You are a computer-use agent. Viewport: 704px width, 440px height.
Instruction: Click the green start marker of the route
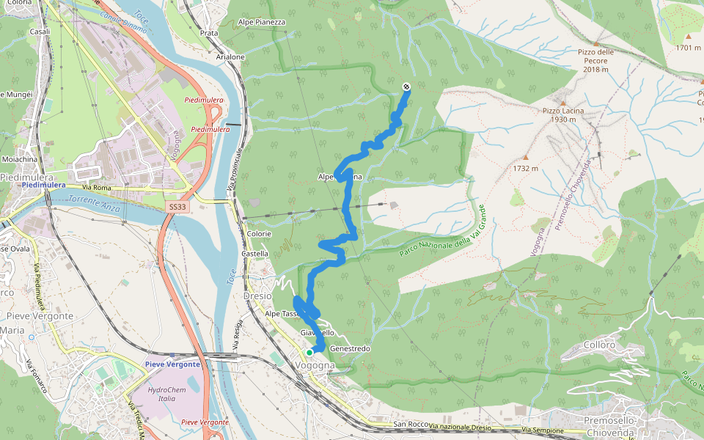(x=309, y=352)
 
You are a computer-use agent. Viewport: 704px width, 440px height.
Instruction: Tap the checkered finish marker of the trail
(x=406, y=87)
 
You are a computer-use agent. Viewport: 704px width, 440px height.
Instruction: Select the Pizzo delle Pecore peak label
(x=595, y=56)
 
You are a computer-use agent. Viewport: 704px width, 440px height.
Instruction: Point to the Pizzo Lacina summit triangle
(x=563, y=103)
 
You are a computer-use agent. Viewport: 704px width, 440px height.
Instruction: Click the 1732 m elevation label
(x=525, y=168)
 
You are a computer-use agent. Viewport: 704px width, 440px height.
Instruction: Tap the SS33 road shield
(x=177, y=208)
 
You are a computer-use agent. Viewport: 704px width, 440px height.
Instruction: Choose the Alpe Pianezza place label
(x=260, y=23)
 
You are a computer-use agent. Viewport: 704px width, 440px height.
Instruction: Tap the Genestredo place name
(x=350, y=348)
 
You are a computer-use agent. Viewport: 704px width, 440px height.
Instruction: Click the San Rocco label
(x=410, y=425)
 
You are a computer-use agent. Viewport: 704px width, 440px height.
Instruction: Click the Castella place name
(x=254, y=254)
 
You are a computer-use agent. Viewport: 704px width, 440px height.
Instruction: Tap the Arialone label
(x=230, y=56)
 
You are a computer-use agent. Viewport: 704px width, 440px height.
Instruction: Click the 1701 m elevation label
(x=688, y=48)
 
